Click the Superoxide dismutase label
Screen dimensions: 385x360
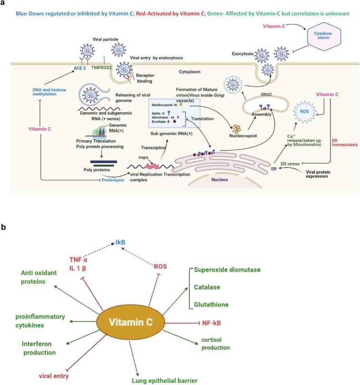pyautogui.click(x=227, y=270)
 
